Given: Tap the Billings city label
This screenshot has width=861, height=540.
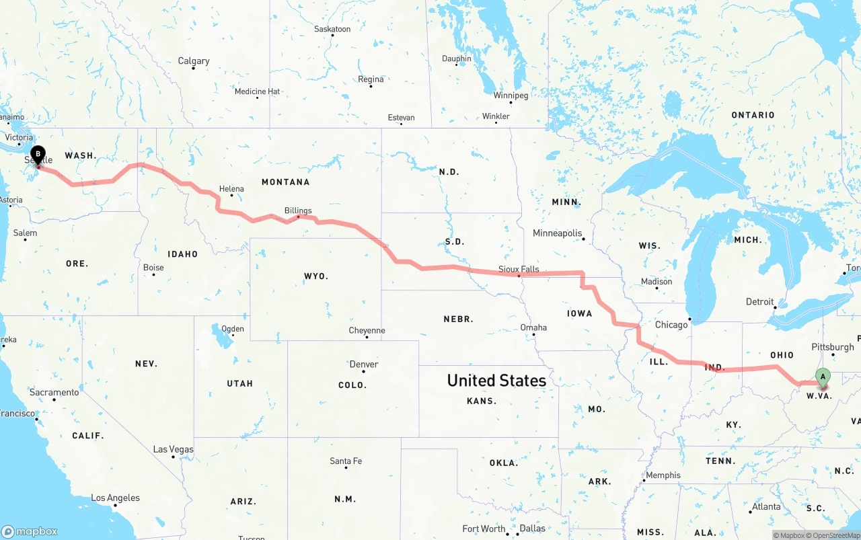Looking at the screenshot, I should click(298, 210).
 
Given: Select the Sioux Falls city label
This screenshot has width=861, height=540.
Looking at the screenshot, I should click(519, 269).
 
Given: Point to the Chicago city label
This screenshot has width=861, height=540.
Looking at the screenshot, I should click(671, 325).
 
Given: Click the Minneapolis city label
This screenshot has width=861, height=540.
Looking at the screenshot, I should click(557, 233).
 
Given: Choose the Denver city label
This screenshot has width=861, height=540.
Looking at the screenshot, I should click(363, 364).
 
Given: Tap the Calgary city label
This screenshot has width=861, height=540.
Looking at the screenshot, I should click(194, 61).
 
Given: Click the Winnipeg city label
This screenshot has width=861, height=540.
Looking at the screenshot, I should click(511, 95).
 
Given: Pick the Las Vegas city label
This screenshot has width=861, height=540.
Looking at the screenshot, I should click(173, 449).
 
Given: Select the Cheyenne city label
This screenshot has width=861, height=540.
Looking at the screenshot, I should click(367, 330).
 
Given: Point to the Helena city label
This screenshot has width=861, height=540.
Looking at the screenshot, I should click(231, 189).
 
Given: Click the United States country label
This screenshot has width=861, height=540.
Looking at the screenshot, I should click(496, 381).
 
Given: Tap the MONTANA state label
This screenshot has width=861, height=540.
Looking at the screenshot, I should click(285, 182).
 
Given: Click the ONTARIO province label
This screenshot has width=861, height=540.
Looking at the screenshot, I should click(753, 115).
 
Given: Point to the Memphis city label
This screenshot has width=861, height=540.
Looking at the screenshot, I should click(663, 475).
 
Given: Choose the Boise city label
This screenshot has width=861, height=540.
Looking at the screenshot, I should click(153, 268).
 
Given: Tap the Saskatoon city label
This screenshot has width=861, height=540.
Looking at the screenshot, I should click(332, 30).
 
